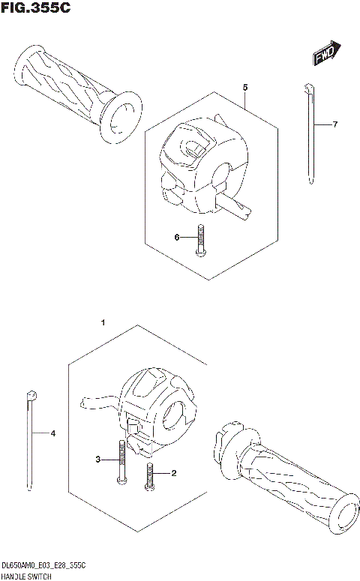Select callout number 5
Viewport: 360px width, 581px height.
pos(245,88)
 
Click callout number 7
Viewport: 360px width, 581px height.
pos(335,124)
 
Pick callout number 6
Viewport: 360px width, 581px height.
pos(178,238)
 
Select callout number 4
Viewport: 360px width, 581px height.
pos(52,433)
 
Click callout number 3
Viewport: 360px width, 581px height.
pos(97,459)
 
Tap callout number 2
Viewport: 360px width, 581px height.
pos(173,473)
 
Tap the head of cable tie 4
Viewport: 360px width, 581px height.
pos(29,394)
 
